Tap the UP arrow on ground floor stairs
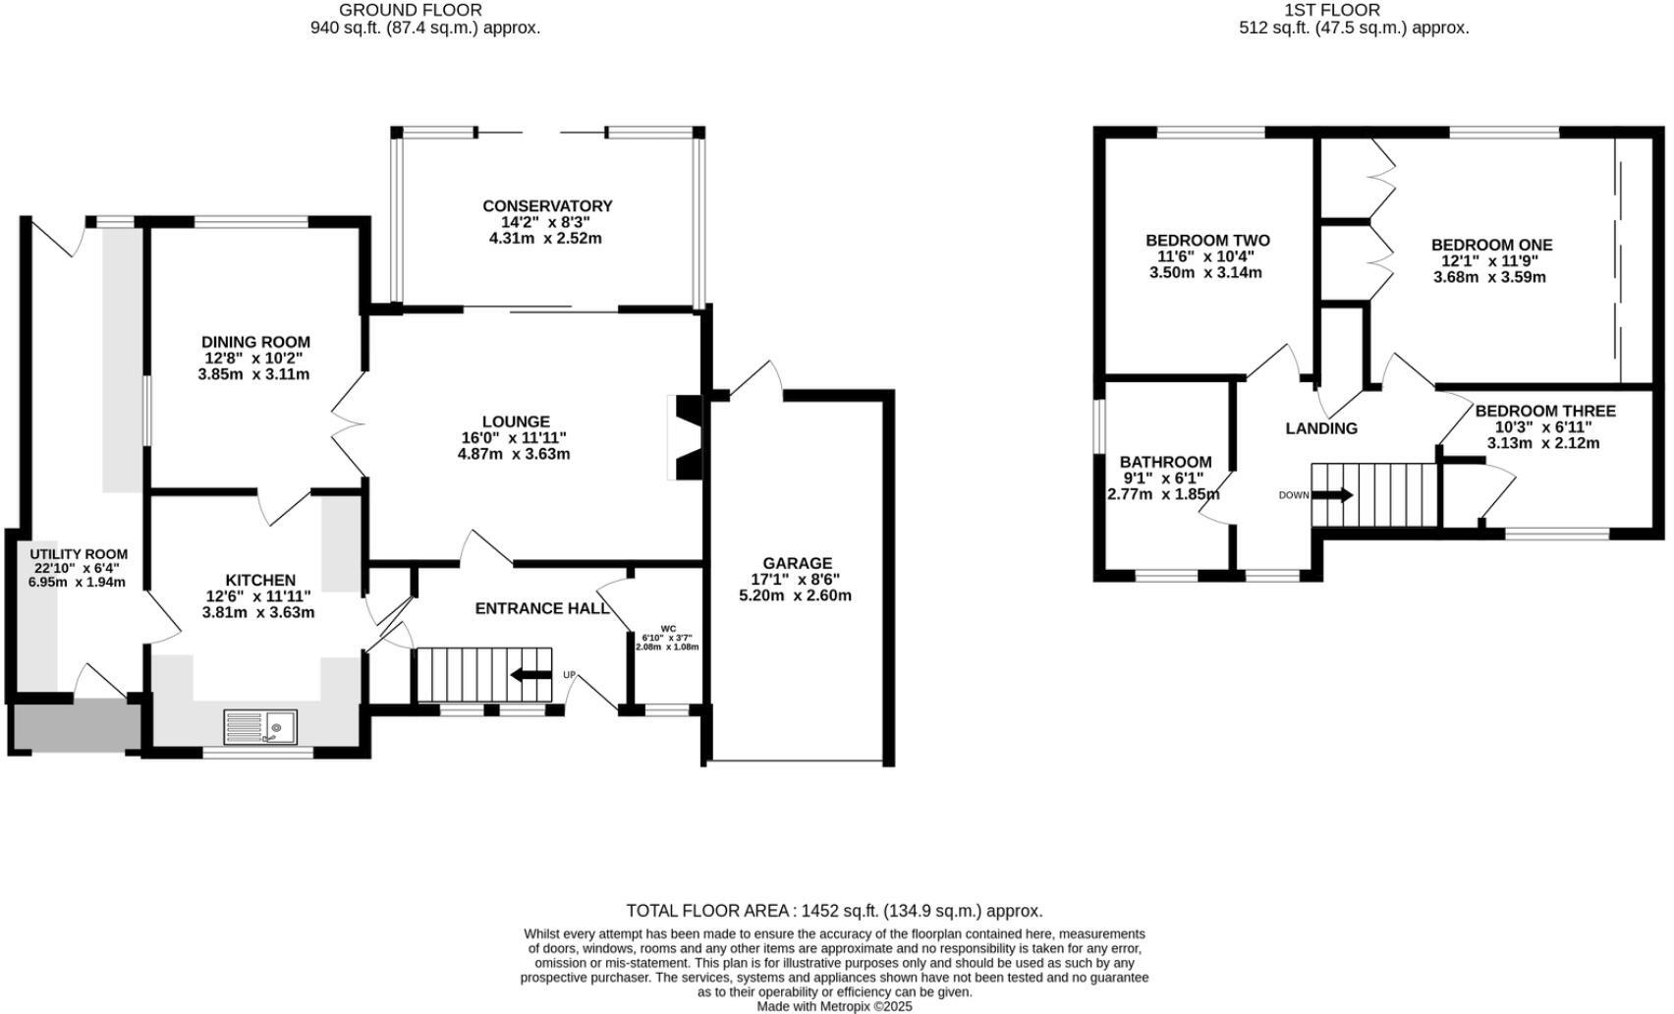(531, 675)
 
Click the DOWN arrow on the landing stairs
(1332, 495)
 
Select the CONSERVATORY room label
(547, 206)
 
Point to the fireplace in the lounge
(685, 437)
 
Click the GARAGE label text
(798, 563)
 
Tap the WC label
(668, 629)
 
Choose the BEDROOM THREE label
(1544, 411)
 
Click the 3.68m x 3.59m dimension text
(1489, 277)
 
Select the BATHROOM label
(1165, 462)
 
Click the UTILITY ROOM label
(79, 554)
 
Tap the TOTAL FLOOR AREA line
(834, 911)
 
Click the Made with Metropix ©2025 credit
(834, 1006)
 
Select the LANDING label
(1321, 428)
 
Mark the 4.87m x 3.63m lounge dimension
(514, 454)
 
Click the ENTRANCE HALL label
(542, 608)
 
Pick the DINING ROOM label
(255, 342)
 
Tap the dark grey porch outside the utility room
(75, 726)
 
